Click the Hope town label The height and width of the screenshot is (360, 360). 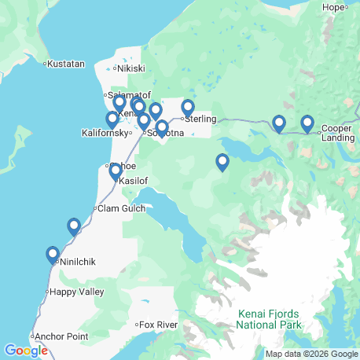point(334,7)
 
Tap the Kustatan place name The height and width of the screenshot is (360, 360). point(64,63)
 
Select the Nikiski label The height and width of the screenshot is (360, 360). point(133,68)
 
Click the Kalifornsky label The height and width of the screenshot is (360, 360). point(105,133)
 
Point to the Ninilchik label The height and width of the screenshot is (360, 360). point(76,262)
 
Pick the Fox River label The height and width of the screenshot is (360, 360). point(157,325)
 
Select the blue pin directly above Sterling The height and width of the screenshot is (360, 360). point(188,108)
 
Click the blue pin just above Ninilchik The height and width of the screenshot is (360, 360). point(53,255)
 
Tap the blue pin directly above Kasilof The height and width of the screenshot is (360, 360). point(116,171)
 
